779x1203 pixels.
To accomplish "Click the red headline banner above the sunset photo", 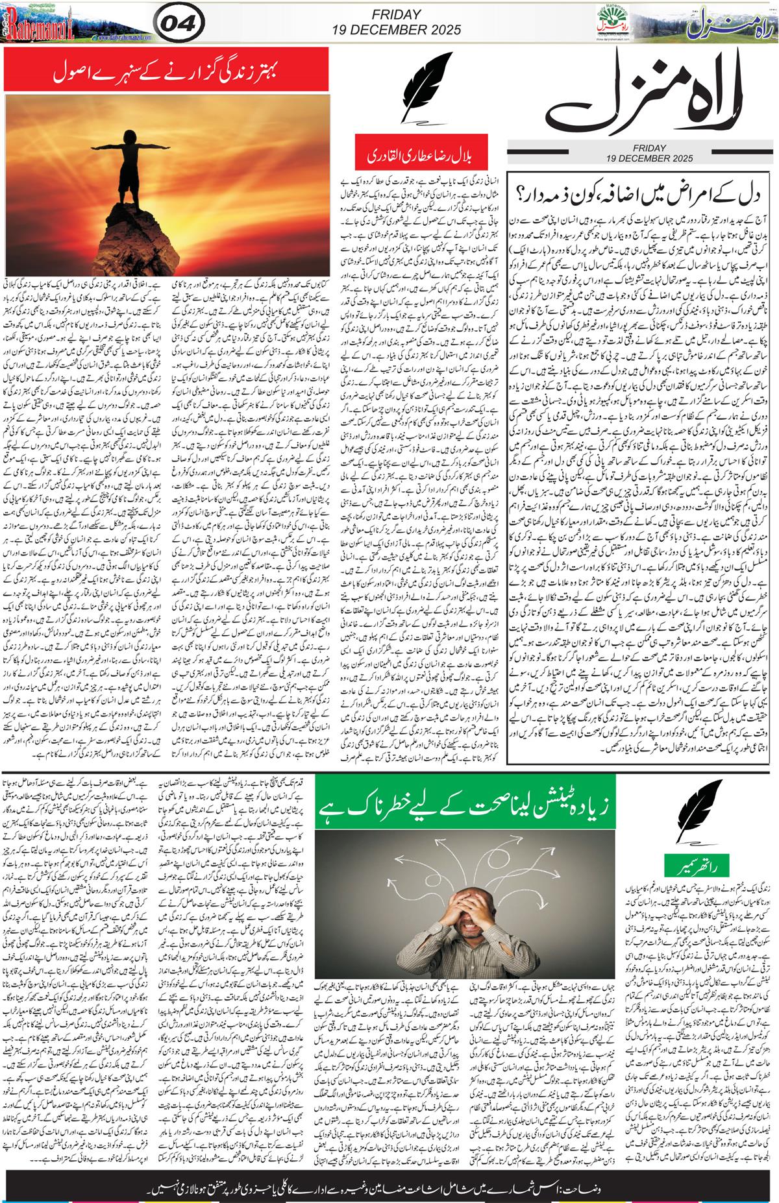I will [171, 71].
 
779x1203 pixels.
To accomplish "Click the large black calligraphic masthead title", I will [639, 97].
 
